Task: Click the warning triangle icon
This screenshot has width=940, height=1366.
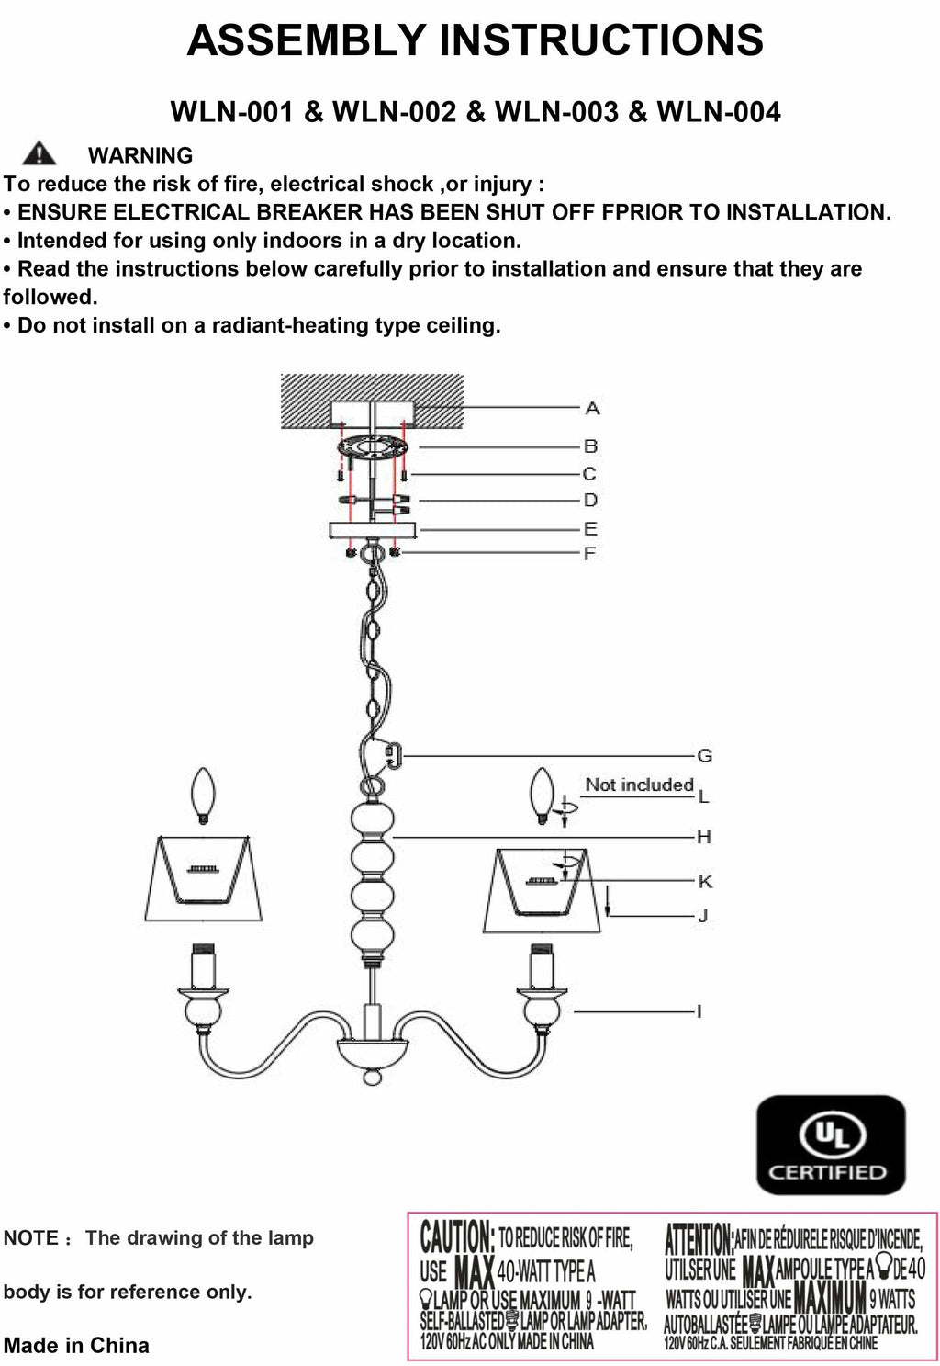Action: pyautogui.click(x=39, y=153)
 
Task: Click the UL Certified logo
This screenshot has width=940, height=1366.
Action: pyautogui.click(x=830, y=1145)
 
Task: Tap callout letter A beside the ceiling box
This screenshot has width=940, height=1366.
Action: pyautogui.click(x=592, y=408)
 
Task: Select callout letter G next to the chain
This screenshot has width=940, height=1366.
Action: pyautogui.click(x=705, y=756)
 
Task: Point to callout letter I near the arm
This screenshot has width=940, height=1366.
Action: pyautogui.click(x=699, y=1011)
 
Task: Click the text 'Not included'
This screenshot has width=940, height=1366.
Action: pyautogui.click(x=639, y=785)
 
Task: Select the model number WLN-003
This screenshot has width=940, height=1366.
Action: pyautogui.click(x=556, y=112)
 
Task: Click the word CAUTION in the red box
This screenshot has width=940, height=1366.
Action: pyautogui.click(x=456, y=1238)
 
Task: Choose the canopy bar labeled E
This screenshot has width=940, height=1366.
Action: pyautogui.click(x=372, y=530)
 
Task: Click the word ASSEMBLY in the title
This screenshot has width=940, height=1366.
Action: pyautogui.click(x=307, y=40)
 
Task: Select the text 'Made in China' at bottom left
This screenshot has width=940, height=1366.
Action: pyautogui.click(x=76, y=1346)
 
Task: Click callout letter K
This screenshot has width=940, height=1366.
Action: pyautogui.click(x=705, y=882)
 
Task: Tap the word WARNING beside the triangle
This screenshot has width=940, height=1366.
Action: pyautogui.click(x=140, y=155)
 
